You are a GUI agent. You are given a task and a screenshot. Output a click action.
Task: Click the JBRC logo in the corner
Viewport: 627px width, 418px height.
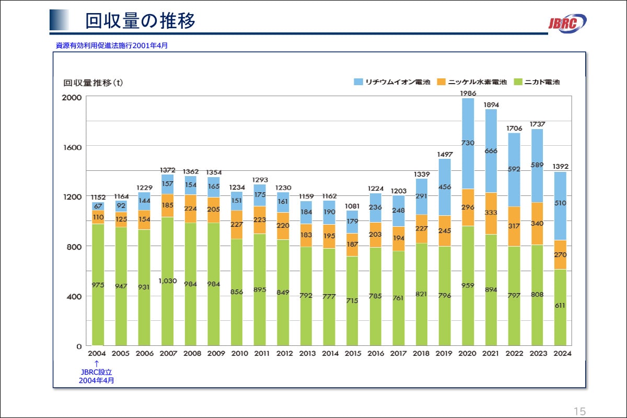point(567,23)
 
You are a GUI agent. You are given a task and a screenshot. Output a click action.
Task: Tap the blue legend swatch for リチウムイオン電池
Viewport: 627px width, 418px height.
point(358,82)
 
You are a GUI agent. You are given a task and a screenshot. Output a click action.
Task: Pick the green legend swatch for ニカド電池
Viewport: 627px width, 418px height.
point(518,82)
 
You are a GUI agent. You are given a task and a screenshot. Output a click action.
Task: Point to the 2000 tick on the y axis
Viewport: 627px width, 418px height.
point(72,97)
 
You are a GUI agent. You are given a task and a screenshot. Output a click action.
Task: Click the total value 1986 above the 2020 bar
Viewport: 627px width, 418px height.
point(468,94)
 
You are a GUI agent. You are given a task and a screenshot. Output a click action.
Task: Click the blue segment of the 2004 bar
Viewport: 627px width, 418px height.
point(98,206)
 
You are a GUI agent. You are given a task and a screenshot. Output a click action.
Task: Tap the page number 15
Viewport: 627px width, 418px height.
point(579,411)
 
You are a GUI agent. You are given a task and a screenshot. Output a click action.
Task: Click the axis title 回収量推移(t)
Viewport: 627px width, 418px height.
point(93,83)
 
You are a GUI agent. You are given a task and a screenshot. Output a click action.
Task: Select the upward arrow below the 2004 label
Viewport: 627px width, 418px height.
point(97,363)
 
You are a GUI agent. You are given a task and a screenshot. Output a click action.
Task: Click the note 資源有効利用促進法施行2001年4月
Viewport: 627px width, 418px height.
point(112,45)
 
